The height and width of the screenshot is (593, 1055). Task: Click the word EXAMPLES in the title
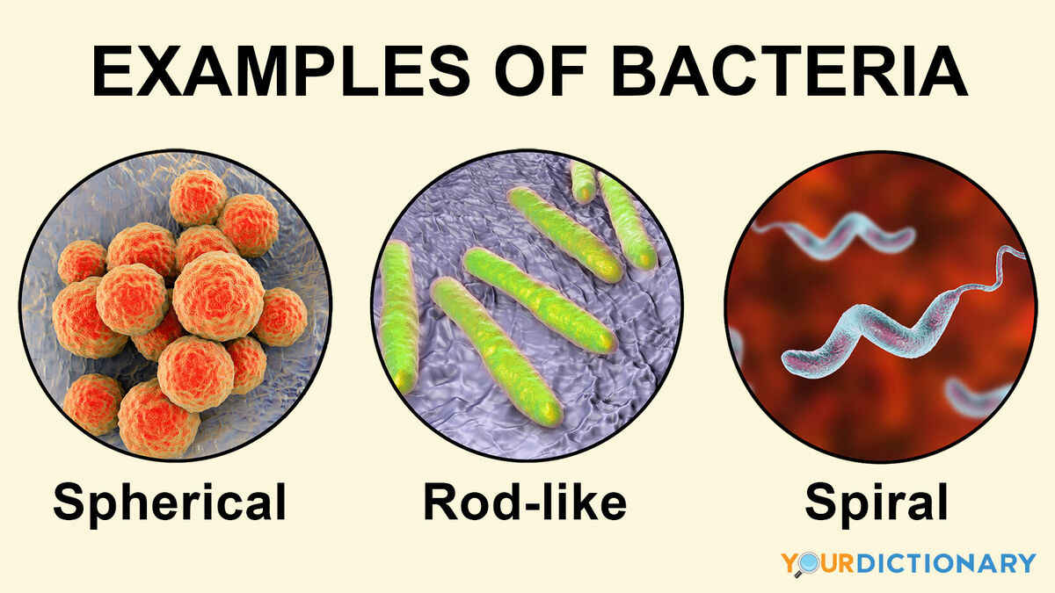(281, 70)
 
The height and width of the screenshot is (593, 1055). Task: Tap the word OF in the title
(540, 70)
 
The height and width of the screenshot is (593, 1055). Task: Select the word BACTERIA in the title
(789, 70)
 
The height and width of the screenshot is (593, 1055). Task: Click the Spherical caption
(170, 503)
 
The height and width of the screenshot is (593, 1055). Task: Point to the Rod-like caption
(525, 501)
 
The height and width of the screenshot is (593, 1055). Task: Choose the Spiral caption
(876, 503)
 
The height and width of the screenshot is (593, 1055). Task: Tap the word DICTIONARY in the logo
(946, 563)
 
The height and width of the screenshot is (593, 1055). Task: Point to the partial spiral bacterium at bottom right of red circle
(978, 397)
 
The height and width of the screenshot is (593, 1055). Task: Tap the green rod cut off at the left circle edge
(398, 316)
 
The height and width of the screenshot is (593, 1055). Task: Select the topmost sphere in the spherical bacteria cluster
(199, 198)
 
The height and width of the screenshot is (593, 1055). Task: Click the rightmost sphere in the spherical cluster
(280, 316)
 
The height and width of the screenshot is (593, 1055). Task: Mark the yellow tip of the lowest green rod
(550, 413)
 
